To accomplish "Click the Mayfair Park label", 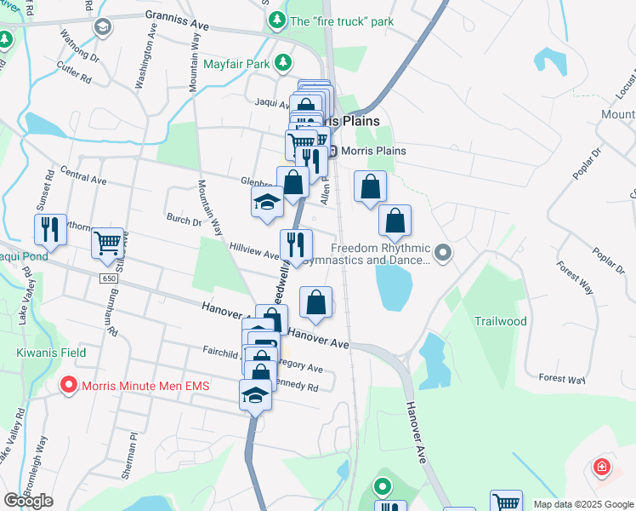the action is (236, 64).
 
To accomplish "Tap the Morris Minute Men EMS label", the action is (145, 385).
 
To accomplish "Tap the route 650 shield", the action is (109, 278).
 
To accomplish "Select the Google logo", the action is (28, 501).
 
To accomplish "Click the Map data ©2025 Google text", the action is (582, 504).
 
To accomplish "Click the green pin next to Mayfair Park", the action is (283, 64).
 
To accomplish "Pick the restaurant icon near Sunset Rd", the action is (50, 229).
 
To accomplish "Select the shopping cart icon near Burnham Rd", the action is (108, 244).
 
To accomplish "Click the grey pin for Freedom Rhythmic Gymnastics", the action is (442, 252).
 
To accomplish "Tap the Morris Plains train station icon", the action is (332, 152).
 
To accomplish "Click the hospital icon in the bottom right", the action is (601, 468).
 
